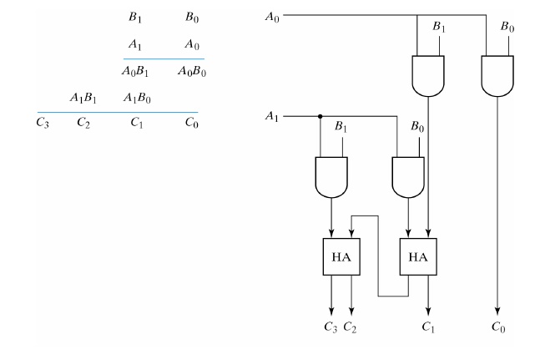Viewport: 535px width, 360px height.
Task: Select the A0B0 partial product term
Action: click(192, 72)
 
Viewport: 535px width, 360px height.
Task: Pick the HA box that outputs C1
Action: click(418, 257)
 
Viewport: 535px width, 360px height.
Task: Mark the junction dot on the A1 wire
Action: click(320, 117)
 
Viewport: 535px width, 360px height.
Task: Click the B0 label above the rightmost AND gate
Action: click(507, 28)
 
